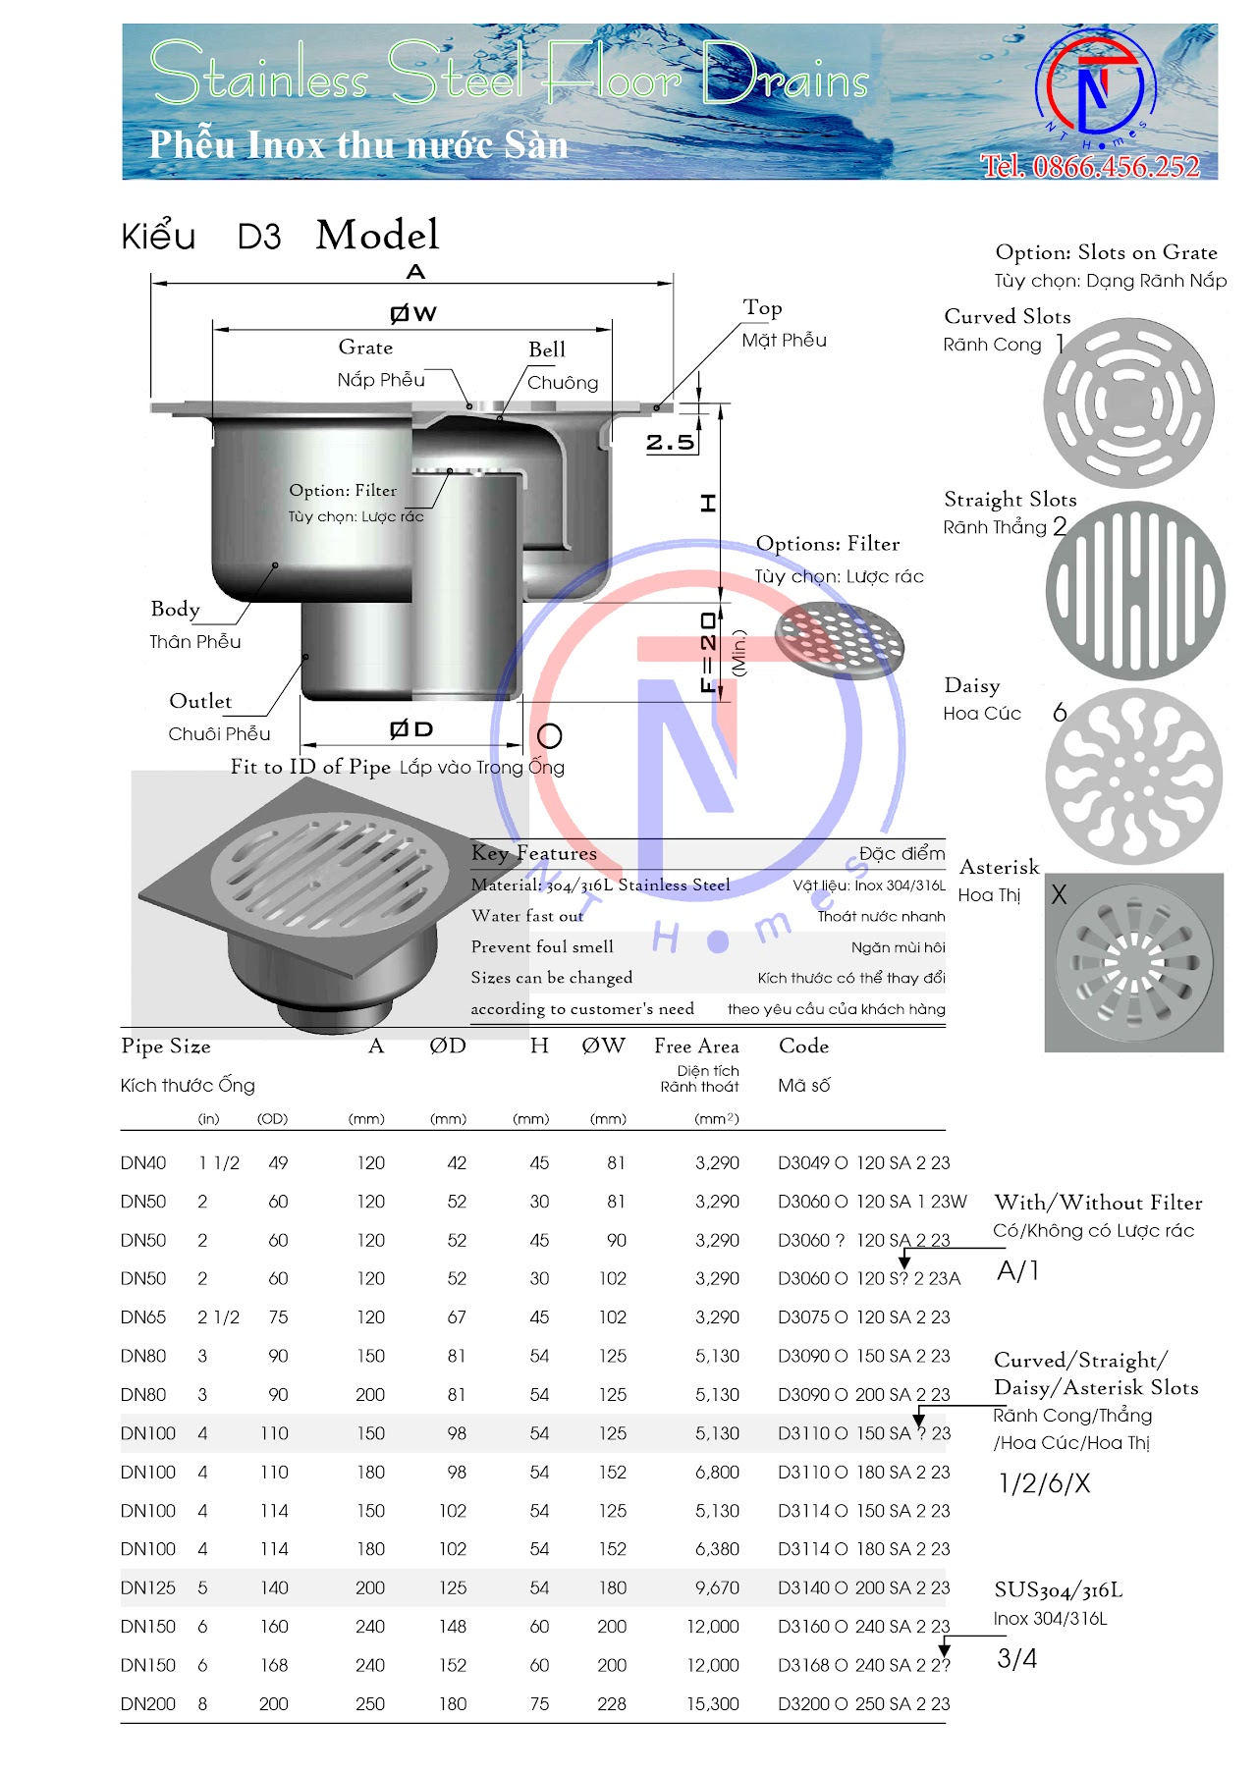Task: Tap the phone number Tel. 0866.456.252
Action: click(1090, 166)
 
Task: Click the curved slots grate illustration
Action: click(1128, 403)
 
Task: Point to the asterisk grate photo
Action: click(1133, 963)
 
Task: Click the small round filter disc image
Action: click(839, 641)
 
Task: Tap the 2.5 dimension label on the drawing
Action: click(670, 443)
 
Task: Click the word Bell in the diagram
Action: click(547, 349)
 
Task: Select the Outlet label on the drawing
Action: click(200, 701)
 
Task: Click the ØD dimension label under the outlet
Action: click(410, 729)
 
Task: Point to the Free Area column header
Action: click(696, 1047)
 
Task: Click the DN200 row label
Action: click(147, 1704)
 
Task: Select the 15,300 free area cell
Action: click(713, 1704)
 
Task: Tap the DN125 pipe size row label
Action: click(147, 1587)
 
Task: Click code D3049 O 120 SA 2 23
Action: click(863, 1163)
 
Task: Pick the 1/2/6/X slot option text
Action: click(1044, 1483)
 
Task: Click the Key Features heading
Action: click(533, 853)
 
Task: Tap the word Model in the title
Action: click(377, 236)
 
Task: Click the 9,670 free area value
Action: click(717, 1587)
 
